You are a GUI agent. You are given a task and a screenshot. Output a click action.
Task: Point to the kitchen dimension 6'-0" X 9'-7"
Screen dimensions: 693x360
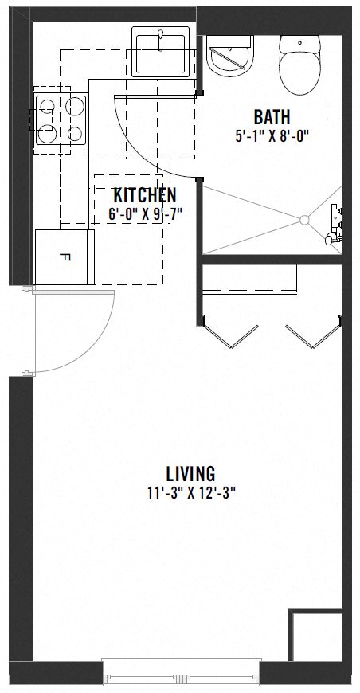click(x=144, y=213)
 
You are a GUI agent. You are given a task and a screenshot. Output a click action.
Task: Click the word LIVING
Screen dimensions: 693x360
click(x=190, y=475)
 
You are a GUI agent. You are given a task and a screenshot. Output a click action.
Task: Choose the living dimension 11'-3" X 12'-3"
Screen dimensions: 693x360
click(x=190, y=492)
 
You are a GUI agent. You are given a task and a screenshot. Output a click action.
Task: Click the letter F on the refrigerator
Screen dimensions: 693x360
click(x=64, y=257)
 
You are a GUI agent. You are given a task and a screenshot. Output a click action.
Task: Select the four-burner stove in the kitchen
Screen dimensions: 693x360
click(x=60, y=119)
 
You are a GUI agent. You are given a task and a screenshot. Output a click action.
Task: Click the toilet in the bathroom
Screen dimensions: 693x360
click(x=300, y=62)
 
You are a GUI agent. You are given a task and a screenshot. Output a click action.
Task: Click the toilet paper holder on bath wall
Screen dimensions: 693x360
click(x=335, y=112)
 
